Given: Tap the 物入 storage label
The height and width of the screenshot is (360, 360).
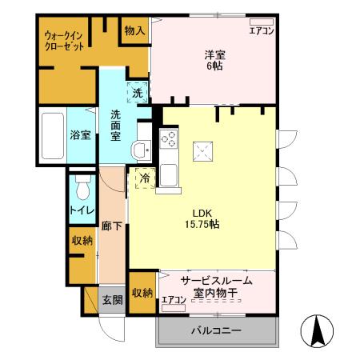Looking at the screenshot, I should pyautogui.click(x=134, y=30).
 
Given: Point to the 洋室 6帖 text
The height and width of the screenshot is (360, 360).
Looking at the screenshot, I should pyautogui.click(x=213, y=60).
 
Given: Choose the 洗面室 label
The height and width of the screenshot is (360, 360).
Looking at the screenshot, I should pyautogui.click(x=116, y=125).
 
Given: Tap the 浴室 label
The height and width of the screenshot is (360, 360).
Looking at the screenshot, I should pyautogui.click(x=78, y=135).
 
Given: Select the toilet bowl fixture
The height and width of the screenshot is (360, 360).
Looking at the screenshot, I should pyautogui.click(x=82, y=189).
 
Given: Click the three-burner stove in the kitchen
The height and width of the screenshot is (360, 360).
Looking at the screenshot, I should pyautogui.click(x=169, y=138).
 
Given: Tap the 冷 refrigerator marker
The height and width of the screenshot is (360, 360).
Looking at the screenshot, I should pyautogui.click(x=145, y=178).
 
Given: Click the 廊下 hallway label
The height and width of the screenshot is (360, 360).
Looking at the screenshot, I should pyautogui.click(x=112, y=227).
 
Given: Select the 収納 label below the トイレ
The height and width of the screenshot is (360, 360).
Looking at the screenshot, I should pyautogui.click(x=82, y=240).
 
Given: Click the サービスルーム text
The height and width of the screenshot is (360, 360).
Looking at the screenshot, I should pyautogui.click(x=216, y=280).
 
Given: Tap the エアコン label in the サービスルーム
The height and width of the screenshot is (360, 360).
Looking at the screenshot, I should pyautogui.click(x=174, y=301).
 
